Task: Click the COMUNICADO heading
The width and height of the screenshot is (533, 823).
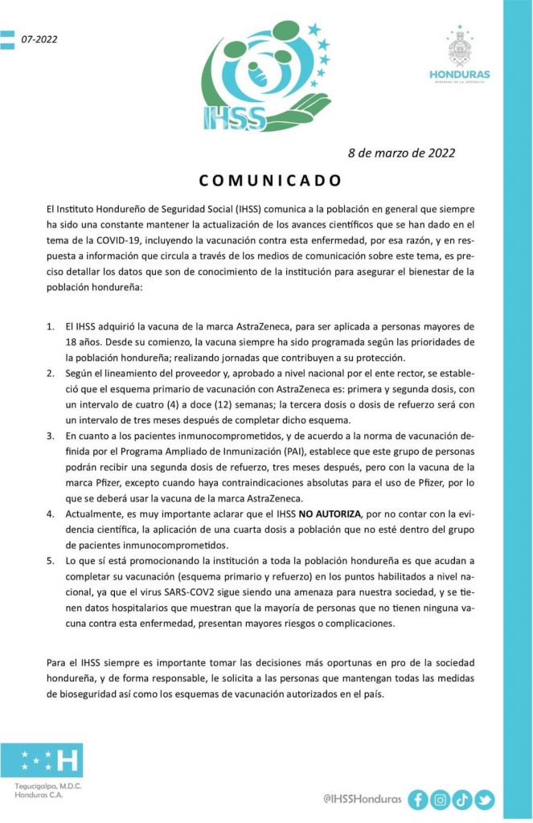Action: coord(270,179)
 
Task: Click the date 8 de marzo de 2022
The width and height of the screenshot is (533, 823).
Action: coord(401,153)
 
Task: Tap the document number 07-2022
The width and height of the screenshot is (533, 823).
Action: coord(39,39)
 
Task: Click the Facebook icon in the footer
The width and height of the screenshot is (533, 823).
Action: coord(418,799)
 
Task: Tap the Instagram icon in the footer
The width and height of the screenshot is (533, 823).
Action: coord(440,799)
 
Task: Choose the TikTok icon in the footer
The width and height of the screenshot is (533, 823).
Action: coord(462,799)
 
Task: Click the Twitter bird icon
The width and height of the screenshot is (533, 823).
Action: coord(484,799)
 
